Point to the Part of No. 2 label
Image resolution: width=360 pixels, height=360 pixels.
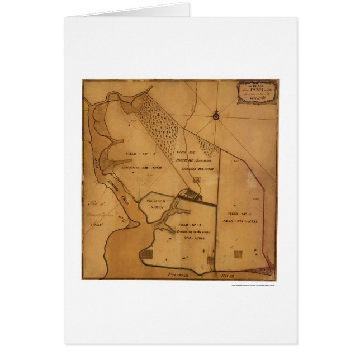153,201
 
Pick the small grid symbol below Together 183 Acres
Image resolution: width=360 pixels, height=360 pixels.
196,179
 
